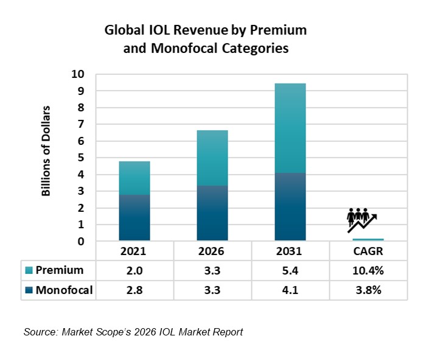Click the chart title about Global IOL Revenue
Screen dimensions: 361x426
click(205, 39)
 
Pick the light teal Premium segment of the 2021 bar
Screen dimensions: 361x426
click(134, 178)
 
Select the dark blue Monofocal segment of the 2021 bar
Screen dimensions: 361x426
click(134, 218)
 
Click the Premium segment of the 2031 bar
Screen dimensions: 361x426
click(290, 128)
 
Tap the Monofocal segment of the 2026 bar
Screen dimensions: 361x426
click(212, 213)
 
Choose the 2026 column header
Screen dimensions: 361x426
click(212, 251)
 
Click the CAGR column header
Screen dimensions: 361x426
click(368, 251)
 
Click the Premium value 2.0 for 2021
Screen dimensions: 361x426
click(134, 270)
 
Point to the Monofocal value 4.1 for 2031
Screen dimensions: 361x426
click(290, 290)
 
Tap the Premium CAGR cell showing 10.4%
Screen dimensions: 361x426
click(368, 270)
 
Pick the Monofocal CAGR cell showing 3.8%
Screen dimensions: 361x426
click(368, 290)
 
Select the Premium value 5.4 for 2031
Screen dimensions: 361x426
click(290, 270)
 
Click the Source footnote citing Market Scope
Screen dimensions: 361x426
click(133, 332)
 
